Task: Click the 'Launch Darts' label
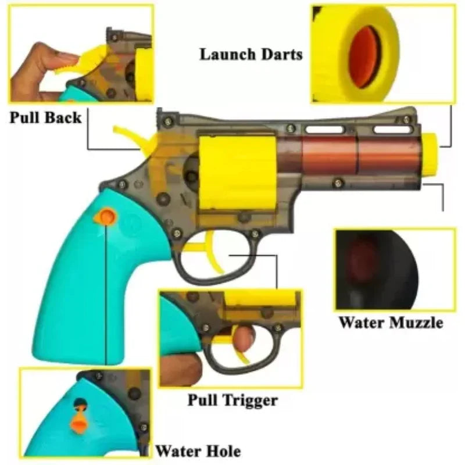[251, 54]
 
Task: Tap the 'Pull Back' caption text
[45, 117]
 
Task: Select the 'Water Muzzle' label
[391, 323]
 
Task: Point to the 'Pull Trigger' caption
[233, 400]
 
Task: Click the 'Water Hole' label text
[198, 451]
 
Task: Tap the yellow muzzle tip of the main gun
[430, 154]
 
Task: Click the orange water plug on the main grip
[105, 217]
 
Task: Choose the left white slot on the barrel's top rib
[324, 130]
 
